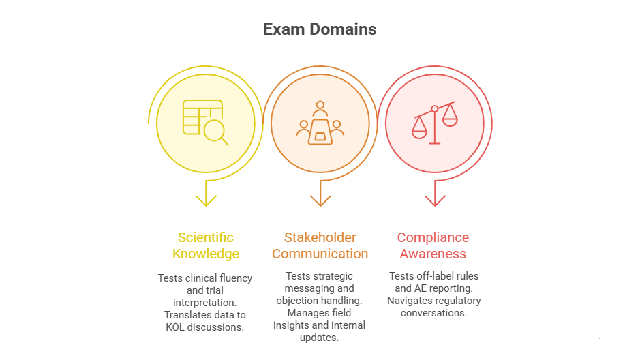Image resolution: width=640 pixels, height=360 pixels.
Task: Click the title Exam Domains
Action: point(320,29)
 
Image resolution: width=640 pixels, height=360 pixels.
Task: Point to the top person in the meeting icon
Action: point(320,108)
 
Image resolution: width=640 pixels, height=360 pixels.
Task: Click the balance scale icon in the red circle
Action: point(434,123)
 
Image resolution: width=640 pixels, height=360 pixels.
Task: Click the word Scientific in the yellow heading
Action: point(206,237)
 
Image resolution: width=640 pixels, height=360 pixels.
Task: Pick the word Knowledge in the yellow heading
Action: point(206,254)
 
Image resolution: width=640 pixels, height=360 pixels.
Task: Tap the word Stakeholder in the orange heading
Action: point(320,237)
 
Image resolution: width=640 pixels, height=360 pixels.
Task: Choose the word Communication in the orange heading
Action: point(320,254)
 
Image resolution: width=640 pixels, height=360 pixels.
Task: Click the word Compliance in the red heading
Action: point(433,237)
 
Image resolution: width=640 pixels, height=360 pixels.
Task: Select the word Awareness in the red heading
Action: point(433,254)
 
